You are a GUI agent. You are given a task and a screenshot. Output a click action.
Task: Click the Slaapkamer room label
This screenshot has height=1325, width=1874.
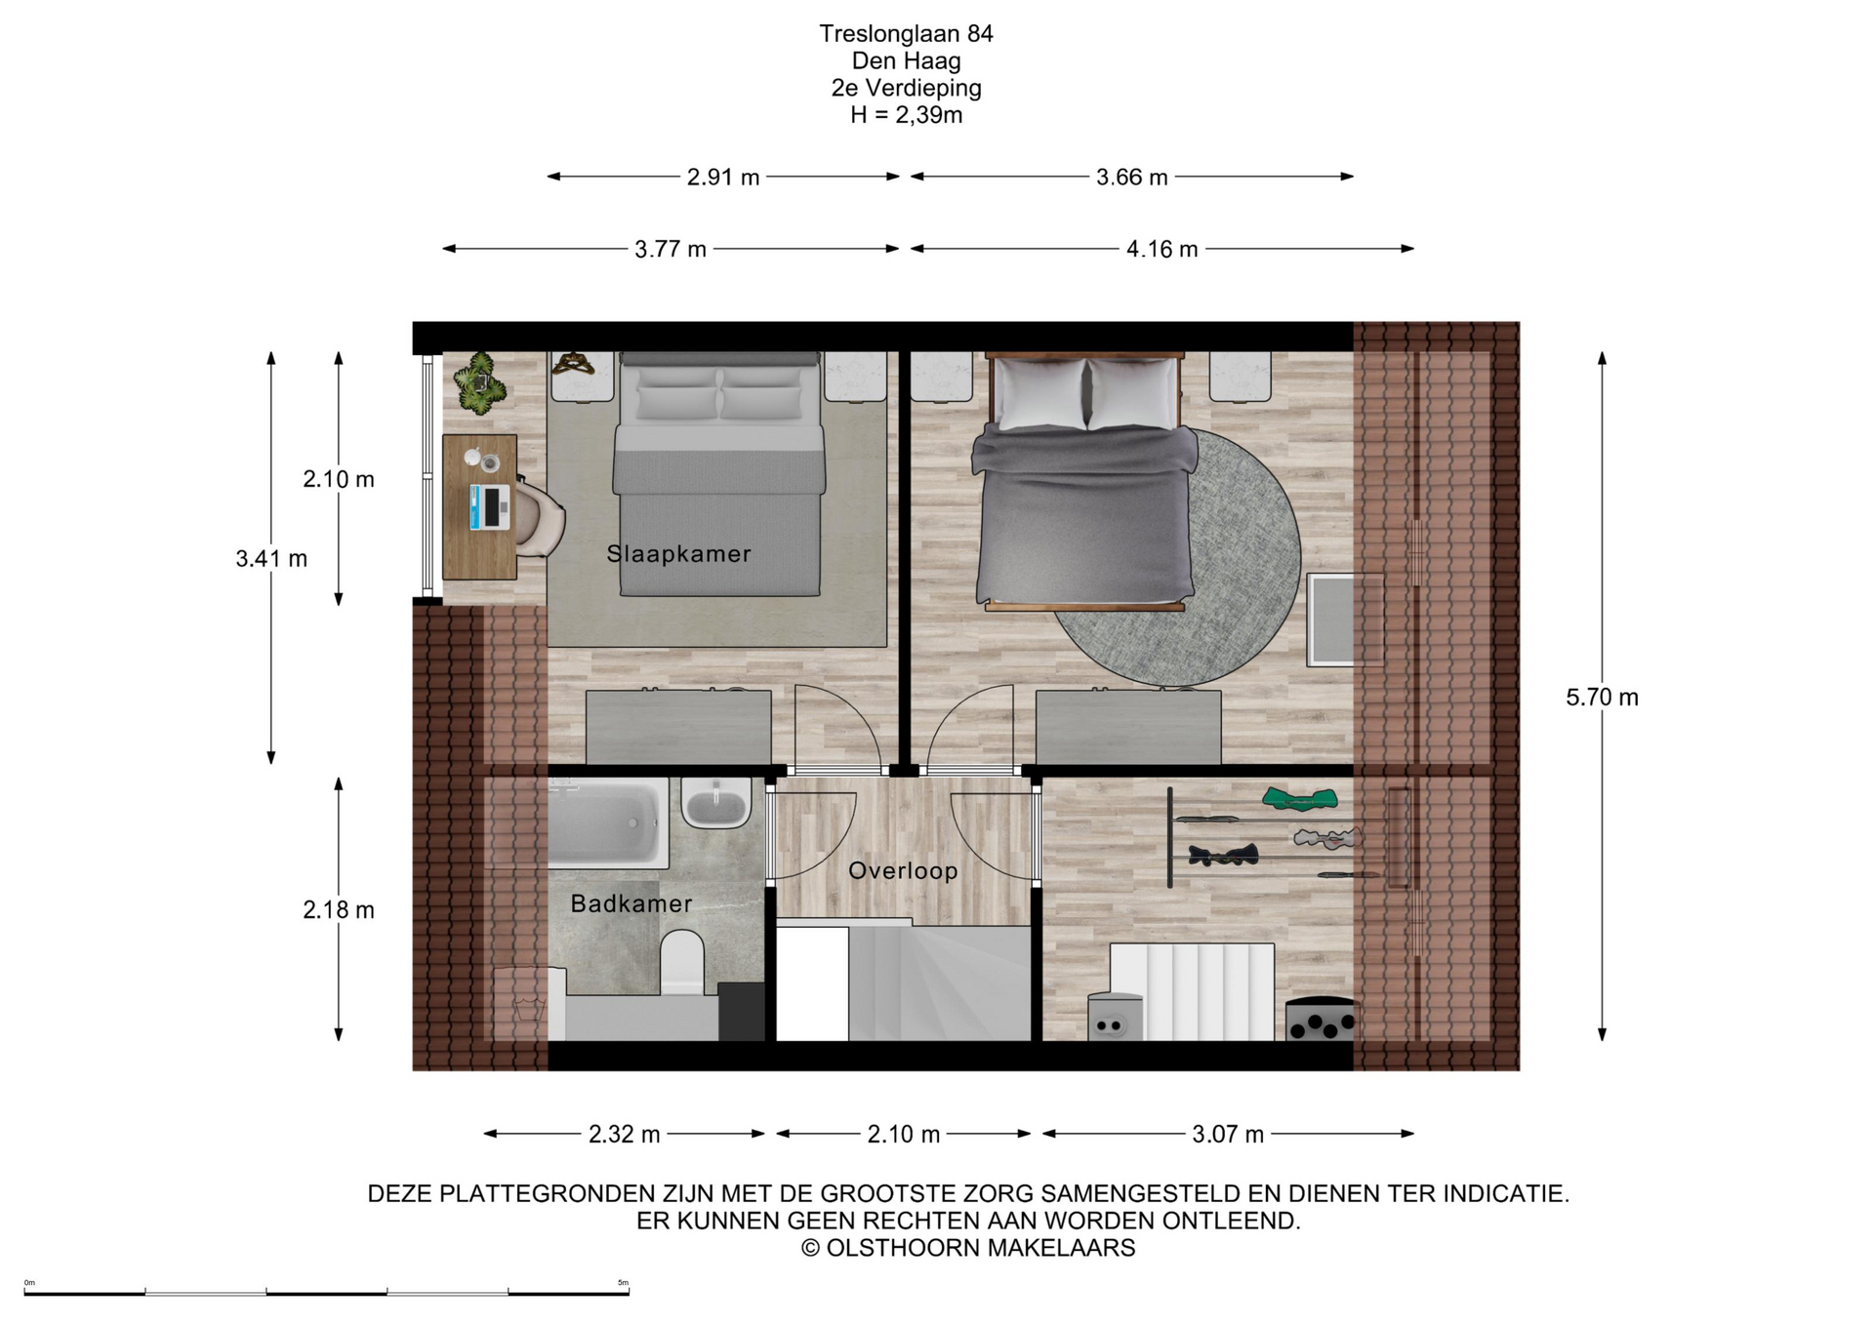678,553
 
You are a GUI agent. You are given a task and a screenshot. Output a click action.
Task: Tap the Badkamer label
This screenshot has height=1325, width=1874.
631,903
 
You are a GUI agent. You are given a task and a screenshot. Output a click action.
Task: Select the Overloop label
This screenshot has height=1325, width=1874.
903,870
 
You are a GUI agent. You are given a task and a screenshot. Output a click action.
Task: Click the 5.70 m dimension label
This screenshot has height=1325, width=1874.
1602,697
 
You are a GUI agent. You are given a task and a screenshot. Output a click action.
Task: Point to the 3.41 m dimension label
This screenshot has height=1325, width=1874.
271,558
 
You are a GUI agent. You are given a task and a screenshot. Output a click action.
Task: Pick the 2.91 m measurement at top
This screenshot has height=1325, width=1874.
723,177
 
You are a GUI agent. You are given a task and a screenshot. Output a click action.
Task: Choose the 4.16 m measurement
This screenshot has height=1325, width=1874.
1161,249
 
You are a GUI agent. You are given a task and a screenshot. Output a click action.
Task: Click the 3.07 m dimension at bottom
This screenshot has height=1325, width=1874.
1228,1134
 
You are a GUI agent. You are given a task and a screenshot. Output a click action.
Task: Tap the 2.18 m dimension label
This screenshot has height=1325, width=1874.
339,909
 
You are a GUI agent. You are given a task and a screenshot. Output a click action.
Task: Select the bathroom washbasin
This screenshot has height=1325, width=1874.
716,803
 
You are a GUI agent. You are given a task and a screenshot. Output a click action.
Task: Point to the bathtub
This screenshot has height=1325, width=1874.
608,823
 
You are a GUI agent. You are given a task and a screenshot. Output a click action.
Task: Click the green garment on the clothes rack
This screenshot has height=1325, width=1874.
1298,799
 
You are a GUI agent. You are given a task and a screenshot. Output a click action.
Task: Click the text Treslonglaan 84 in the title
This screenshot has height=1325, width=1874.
906,33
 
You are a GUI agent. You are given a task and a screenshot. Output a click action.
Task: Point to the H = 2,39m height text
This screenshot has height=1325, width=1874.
906,115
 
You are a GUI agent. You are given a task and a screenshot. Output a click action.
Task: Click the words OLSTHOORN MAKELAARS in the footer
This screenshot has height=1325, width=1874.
981,1248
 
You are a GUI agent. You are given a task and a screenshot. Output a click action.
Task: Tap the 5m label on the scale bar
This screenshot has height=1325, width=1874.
623,1283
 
